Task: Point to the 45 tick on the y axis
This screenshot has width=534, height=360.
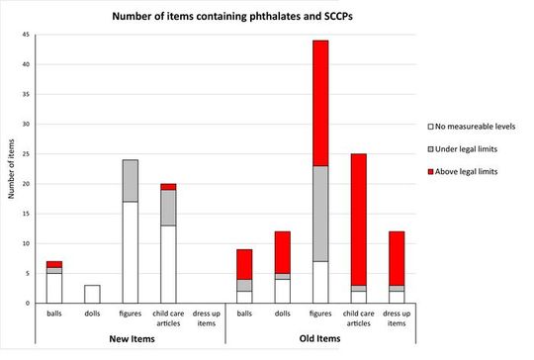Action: pos(27,35)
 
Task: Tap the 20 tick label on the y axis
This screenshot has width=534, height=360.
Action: pos(27,184)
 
